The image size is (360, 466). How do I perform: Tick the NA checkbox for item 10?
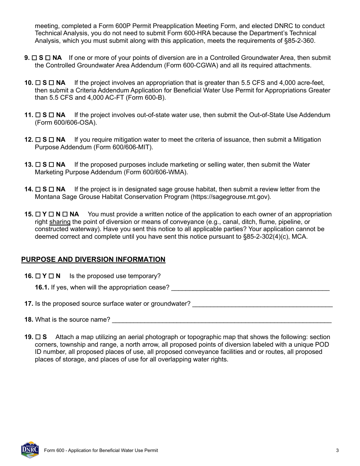pos(52,83)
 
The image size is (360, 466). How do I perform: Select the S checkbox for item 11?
pos(38,115)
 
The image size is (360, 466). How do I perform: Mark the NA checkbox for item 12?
pos(52,140)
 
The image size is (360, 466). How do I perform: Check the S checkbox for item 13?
pos(38,165)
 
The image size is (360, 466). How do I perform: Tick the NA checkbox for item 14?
pos(52,189)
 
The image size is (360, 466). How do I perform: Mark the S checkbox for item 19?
pos(38,337)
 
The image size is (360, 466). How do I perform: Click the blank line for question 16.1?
pos(250,288)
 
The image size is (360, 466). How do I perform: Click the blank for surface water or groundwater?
pos(262,304)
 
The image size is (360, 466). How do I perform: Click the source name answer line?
pos(222,320)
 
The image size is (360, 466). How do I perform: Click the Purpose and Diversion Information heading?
pos(93,260)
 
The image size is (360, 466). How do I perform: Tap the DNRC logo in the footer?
pos(30,450)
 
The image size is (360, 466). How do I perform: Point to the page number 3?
pos(337,450)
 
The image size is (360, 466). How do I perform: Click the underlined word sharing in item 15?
pos(60,222)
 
